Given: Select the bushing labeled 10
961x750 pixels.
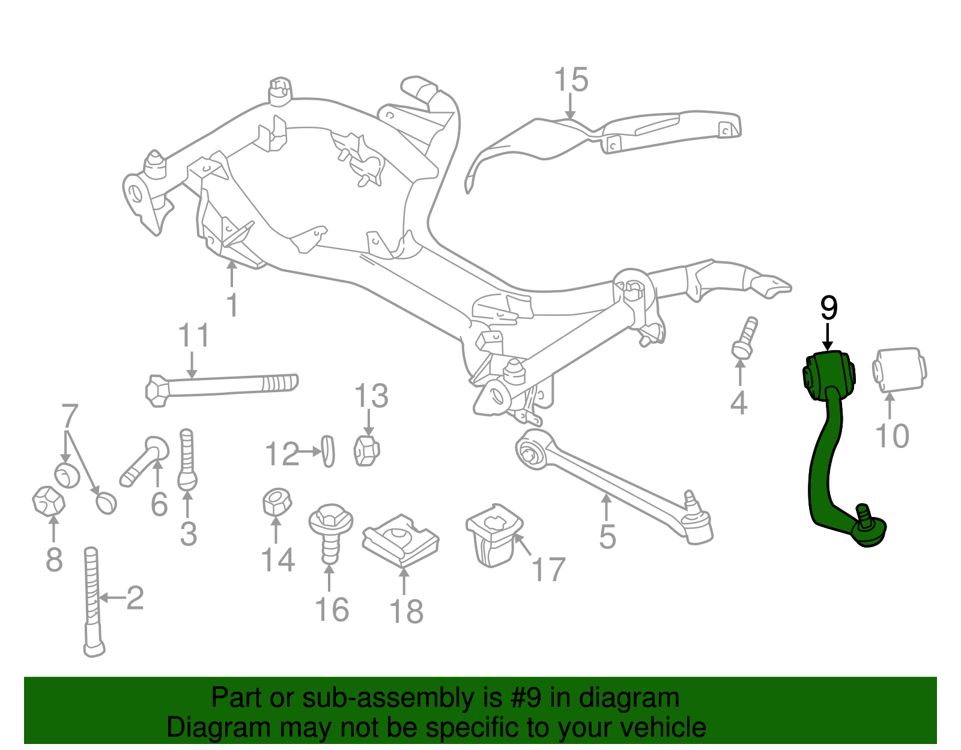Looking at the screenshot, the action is coord(900,370).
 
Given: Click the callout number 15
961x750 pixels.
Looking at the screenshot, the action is coord(571,80).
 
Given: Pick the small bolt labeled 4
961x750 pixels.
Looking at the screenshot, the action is coord(745,338).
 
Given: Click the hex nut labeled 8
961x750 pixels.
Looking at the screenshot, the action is coord(49,501).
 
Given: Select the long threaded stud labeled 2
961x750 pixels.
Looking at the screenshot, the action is coord(93,602).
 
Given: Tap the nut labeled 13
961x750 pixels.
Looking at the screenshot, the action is coord(366,450).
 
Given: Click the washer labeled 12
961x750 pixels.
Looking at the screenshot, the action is coord(328,451).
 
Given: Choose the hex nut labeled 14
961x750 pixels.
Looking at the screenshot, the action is coord(277,502).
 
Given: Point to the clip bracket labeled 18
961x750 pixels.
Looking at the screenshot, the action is coord(400,541).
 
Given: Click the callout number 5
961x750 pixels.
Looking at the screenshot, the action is coord(607,537).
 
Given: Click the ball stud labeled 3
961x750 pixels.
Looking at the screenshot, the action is coord(187,459).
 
